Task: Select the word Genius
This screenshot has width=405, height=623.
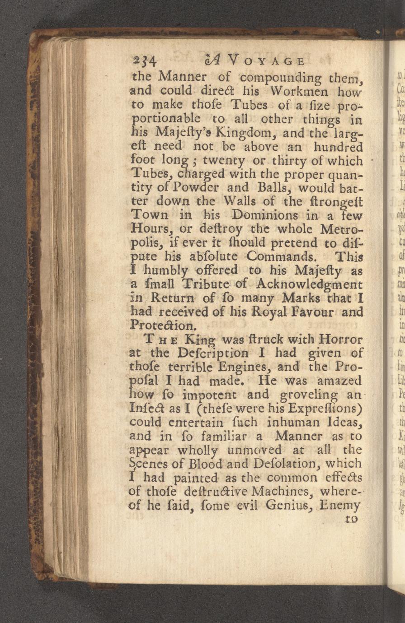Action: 283,505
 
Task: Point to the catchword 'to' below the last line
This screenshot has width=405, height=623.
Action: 351,519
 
